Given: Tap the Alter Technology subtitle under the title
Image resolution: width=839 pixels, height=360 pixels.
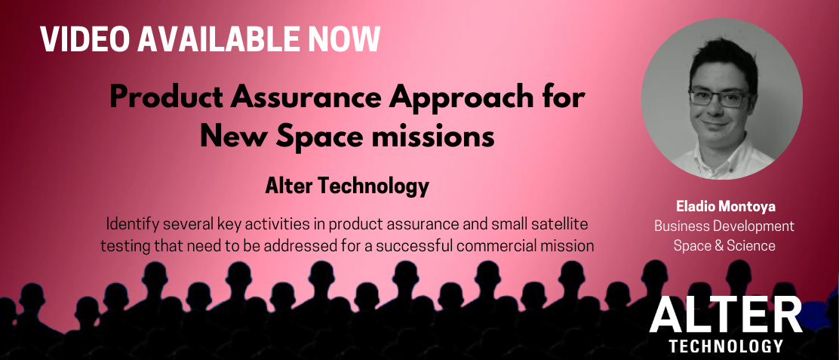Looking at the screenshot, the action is pyautogui.click(x=347, y=186).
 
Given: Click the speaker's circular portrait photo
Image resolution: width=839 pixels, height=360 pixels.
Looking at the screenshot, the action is pyautogui.click(x=722, y=99).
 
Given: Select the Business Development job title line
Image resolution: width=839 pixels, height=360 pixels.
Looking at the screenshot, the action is pyautogui.click(x=724, y=226).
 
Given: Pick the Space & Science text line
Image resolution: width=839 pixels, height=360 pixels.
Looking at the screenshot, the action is pyautogui.click(x=724, y=246).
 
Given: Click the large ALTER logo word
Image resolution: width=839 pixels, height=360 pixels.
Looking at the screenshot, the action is pyautogui.click(x=726, y=315).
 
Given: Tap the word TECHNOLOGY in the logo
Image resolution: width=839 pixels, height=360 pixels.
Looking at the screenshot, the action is pyautogui.click(x=726, y=346).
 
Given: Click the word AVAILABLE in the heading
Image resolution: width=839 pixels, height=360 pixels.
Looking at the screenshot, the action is pyautogui.click(x=217, y=39).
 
